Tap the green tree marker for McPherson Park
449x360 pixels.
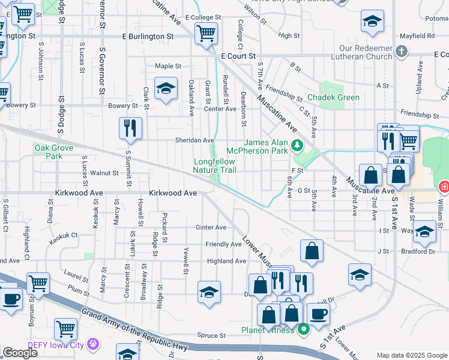[296, 145]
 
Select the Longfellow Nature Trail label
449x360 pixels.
[214, 166]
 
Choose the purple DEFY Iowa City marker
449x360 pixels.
[92, 344]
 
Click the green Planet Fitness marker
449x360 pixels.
[304, 329]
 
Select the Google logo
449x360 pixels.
[20, 353]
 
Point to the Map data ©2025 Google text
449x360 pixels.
[412, 355]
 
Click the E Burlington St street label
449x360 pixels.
[147, 37]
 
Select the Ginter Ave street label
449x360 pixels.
[211, 227]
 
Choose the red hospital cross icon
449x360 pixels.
[444, 187]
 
